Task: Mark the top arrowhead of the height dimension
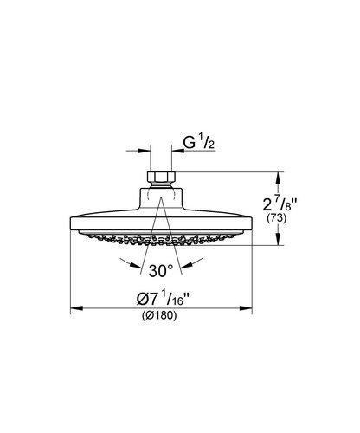(277, 176)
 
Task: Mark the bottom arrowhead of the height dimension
(277, 242)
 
